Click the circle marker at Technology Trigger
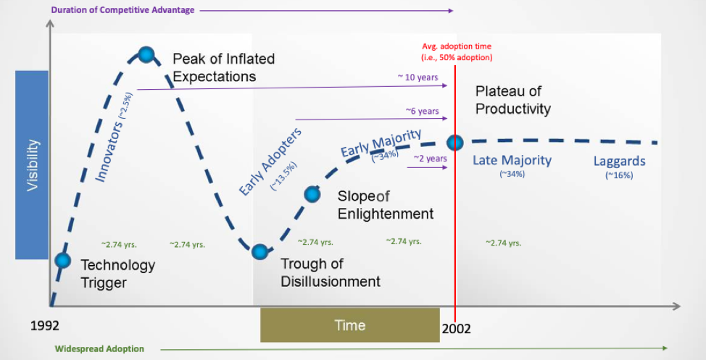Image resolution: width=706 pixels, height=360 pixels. point(63,260)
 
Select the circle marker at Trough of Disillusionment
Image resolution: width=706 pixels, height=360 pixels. point(259,251)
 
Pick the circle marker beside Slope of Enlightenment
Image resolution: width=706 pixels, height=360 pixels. point(312,193)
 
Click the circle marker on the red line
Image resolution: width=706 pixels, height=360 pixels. point(454,143)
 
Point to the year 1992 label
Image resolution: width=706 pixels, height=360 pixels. point(45,326)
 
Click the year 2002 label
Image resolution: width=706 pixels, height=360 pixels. point(456,328)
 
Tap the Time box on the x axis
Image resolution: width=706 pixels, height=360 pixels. point(349,325)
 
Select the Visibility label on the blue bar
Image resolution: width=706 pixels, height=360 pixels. point(33,165)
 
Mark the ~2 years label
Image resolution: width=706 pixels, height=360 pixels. point(430,157)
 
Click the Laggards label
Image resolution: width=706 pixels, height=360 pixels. point(619,161)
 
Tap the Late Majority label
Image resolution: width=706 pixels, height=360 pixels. point(512,160)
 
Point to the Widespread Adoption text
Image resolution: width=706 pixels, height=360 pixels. point(100,348)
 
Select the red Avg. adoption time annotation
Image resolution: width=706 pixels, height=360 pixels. point(457,52)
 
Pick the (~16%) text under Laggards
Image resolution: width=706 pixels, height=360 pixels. point(619,175)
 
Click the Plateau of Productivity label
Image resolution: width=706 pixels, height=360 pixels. point(512,101)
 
